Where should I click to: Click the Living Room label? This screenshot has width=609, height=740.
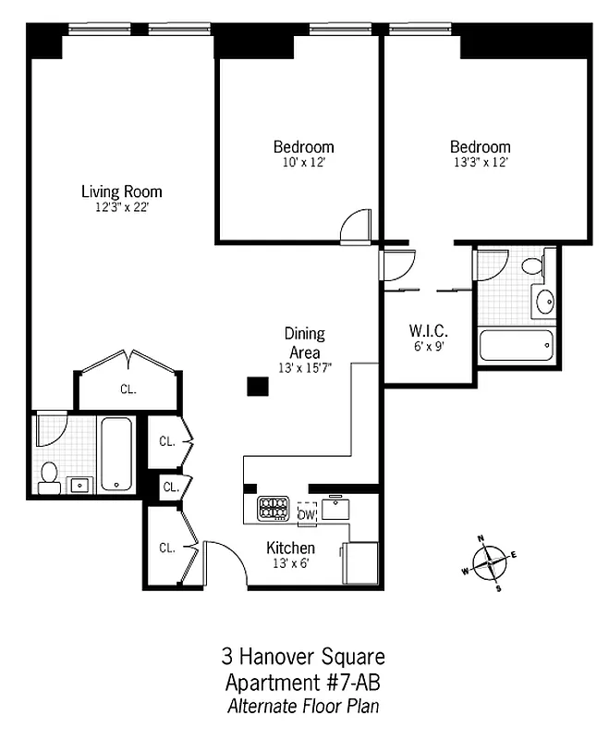coord(121,192)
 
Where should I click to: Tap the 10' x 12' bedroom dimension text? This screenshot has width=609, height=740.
coord(303,162)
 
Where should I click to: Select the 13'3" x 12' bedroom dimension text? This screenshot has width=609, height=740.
coord(480,162)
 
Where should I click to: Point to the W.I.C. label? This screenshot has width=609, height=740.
coord(429,330)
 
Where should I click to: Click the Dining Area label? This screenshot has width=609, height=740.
coord(304,342)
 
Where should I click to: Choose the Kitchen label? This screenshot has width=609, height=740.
coord(290,549)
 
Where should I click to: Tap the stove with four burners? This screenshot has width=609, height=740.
coord(274,508)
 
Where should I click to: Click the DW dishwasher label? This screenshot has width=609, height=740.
coord(307,514)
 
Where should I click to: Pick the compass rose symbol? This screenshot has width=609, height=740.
coord(488,561)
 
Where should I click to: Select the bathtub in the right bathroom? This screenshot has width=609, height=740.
coord(516,346)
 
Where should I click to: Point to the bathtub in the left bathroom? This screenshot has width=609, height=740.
coord(116,454)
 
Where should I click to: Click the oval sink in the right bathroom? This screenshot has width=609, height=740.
coord(544,301)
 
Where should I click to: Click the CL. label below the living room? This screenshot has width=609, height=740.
coord(128,389)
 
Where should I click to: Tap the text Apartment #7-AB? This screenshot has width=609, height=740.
coord(303,684)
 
